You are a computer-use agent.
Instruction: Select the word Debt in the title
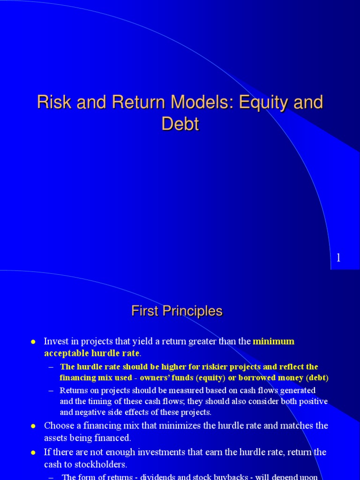(180, 124)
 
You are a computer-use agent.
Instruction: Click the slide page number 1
(338, 258)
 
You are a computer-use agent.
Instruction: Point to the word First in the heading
(145, 311)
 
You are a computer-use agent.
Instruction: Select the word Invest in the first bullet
(55, 341)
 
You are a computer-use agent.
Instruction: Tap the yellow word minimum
(274, 341)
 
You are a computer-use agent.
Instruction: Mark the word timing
(92, 401)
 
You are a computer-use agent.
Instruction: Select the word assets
(55, 438)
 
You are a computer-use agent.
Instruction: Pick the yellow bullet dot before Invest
(33, 342)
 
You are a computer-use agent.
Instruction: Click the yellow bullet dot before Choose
(33, 426)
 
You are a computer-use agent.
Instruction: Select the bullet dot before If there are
(33, 453)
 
